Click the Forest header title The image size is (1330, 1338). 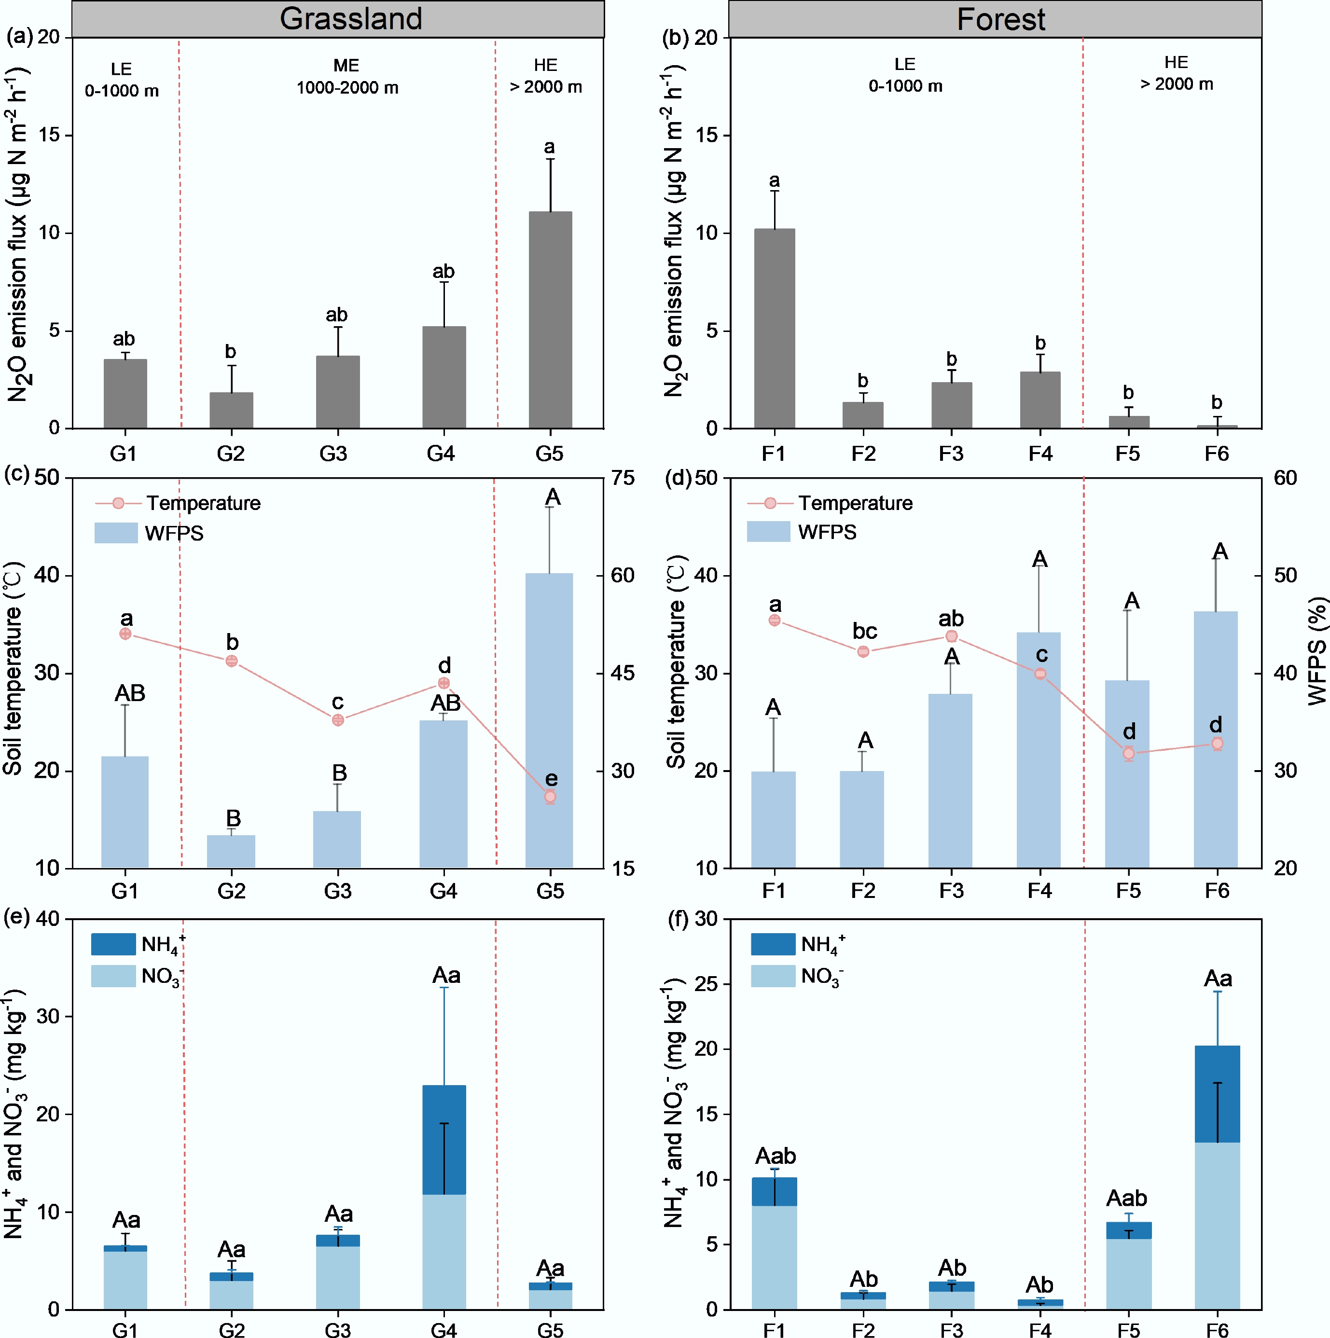click(x=1000, y=19)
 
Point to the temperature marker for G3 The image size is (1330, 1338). click(x=338, y=720)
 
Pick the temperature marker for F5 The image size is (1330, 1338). click(x=1128, y=754)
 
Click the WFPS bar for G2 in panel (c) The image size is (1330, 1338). click(x=231, y=851)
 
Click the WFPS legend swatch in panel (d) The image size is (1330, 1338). click(x=768, y=532)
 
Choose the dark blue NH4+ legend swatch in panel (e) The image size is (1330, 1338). click(x=113, y=945)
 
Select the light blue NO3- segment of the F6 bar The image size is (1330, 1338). click(x=1217, y=1225)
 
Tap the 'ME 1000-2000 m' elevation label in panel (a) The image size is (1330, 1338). click(x=347, y=77)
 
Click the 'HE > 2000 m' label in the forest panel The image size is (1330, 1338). click(x=1176, y=73)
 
